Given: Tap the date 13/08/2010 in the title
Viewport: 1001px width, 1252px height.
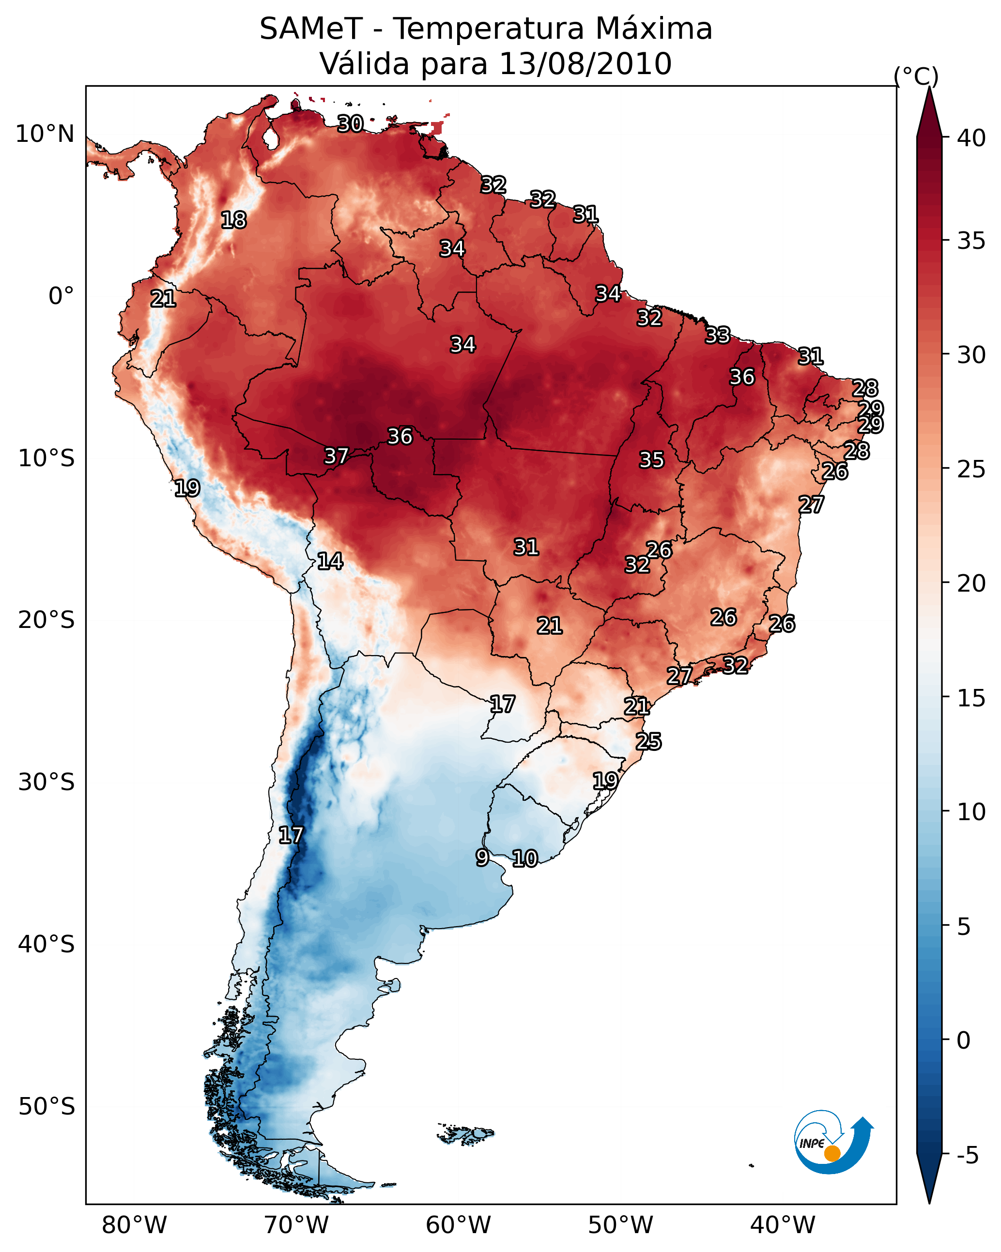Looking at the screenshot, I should [x=585, y=64].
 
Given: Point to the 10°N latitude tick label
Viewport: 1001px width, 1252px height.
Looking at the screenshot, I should [x=45, y=134].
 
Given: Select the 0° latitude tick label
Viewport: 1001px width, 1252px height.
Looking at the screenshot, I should [x=61, y=296].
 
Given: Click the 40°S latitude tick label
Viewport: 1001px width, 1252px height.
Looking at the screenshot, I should [x=46, y=945].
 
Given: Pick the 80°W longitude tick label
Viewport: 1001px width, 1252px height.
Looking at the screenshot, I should [x=134, y=1225].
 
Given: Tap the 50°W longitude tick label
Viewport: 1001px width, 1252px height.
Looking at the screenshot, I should [x=620, y=1225].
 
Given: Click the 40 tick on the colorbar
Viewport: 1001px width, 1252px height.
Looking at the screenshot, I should [x=971, y=138].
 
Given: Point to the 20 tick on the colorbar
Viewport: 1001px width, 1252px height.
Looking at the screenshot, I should [x=971, y=583].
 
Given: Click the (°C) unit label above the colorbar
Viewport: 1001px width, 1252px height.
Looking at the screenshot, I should [x=916, y=76].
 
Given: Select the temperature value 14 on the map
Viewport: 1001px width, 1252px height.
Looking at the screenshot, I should [x=330, y=561].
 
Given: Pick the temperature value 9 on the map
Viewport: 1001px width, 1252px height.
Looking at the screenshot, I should [x=482, y=857].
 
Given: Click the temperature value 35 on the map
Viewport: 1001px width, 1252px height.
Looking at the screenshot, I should [x=651, y=460].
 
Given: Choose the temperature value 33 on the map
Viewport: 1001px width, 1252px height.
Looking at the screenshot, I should [x=718, y=335].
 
